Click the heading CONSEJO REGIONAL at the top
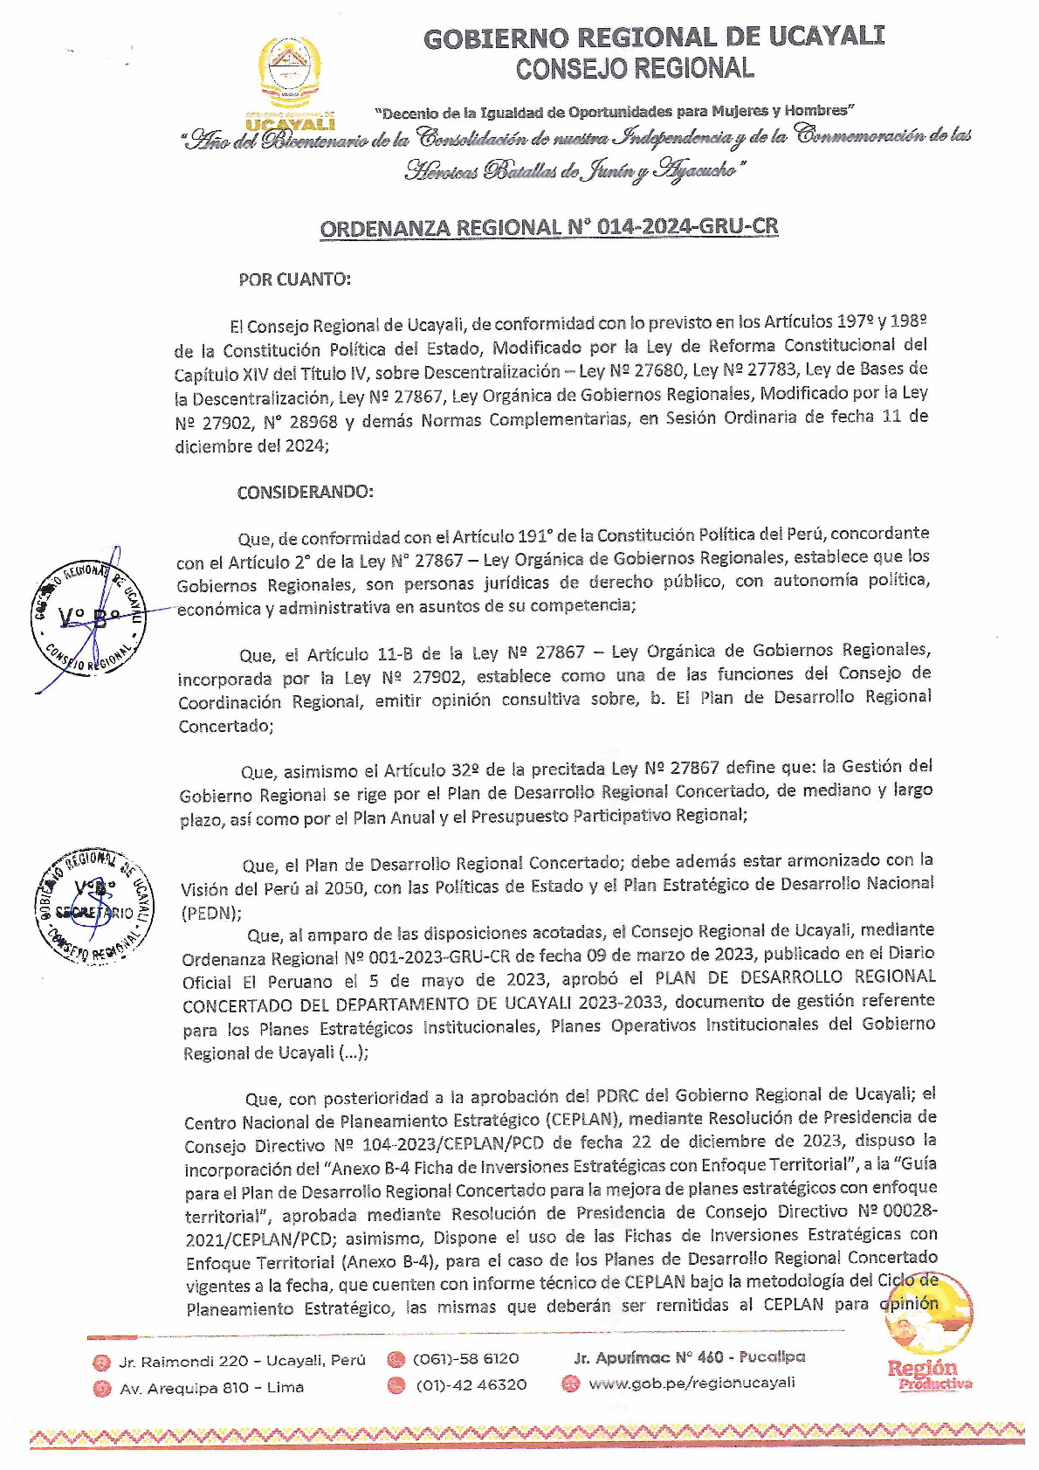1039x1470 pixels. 634,69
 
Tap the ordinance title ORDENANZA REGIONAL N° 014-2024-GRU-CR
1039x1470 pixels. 548,228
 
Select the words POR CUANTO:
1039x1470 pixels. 294,280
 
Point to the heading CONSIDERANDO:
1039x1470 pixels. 305,492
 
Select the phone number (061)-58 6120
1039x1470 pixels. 465,1359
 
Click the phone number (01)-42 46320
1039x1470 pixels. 471,1384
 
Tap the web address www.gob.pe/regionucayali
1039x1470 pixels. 692,1383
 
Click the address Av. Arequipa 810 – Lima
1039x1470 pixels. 211,1388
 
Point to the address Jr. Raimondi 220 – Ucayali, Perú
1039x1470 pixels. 242,1361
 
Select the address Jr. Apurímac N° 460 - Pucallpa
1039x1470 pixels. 689,1357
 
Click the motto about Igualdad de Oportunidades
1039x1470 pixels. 615,112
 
